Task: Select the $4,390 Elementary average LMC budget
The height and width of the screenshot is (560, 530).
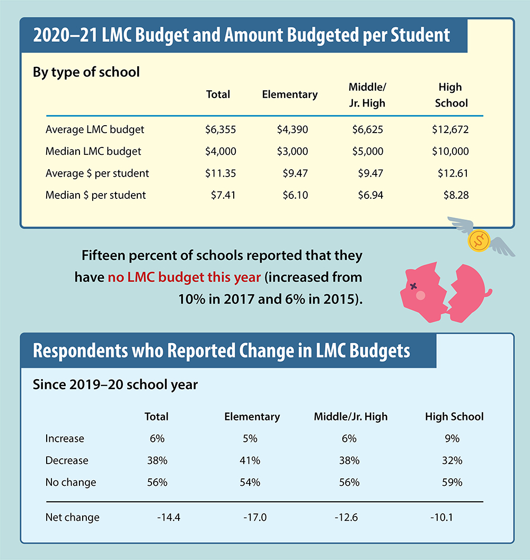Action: [292, 129]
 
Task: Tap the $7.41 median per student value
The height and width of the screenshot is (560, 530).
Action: [223, 195]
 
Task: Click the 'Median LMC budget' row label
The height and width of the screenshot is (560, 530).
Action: [93, 152]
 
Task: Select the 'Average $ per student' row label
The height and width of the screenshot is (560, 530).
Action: [97, 173]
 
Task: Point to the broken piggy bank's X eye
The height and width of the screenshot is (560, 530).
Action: [413, 286]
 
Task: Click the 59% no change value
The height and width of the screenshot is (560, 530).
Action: [454, 483]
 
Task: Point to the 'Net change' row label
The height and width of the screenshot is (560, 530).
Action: [72, 518]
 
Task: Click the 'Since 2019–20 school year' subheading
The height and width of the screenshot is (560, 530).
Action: [115, 384]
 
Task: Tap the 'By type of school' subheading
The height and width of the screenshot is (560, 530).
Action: [86, 72]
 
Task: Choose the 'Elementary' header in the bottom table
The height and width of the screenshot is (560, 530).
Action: [252, 417]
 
